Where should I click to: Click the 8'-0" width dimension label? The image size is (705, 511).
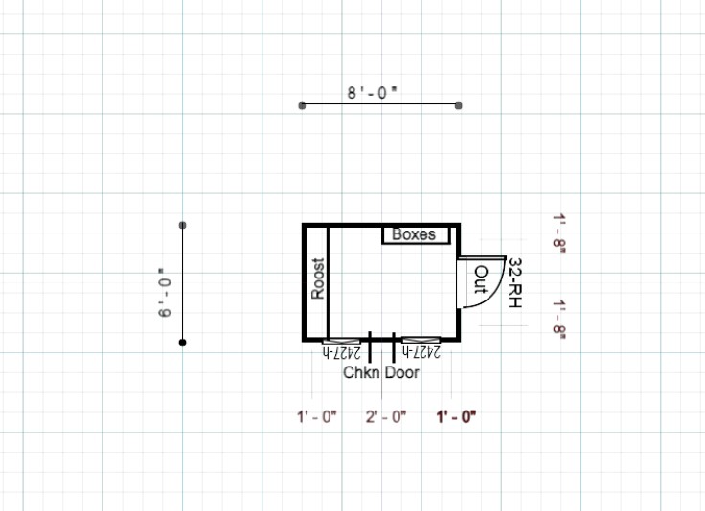coord(373,93)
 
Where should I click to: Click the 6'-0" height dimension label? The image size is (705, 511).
coord(165,293)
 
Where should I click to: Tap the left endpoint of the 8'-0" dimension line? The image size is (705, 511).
coord(302,106)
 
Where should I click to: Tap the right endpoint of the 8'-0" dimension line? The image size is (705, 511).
coord(458,106)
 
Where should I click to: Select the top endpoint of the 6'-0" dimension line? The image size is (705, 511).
coord(183,225)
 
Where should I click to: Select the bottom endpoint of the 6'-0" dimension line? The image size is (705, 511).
coord(183,344)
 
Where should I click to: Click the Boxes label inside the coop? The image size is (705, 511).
coord(414,234)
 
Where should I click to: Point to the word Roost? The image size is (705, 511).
coord(317,278)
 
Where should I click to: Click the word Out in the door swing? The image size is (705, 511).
coord(481,279)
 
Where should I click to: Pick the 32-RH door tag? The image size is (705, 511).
coord(514,282)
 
